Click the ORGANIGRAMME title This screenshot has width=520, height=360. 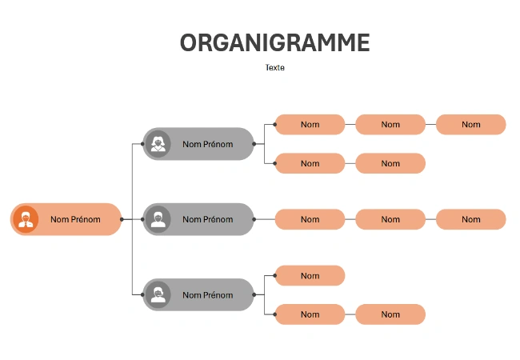coord(274,42)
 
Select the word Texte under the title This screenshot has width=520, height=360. coord(274,68)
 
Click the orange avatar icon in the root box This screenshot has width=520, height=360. coord(26,219)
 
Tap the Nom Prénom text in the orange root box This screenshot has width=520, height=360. coord(75,219)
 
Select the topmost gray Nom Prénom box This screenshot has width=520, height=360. coord(198,144)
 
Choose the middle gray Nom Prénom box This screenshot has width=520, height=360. coord(198,219)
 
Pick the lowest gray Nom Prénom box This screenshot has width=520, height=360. coord(198,294)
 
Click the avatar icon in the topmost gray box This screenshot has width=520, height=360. coord(158,144)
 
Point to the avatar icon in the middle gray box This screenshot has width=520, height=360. coord(158,219)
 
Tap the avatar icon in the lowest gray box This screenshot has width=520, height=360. coord(158,294)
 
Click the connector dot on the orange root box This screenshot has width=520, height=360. coord(122,219)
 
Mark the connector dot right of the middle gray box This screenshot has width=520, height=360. coord(254,219)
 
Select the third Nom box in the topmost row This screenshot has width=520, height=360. coord(470,125)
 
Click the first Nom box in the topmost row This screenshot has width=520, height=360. coord(310,125)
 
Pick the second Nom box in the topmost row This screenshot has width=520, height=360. coord(390,125)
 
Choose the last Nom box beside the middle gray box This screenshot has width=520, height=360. coord(470,219)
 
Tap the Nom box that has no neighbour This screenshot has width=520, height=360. coord(310,276)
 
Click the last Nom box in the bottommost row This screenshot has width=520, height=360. coord(390,314)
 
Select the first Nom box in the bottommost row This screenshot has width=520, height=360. coord(310,314)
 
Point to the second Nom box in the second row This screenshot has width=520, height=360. coord(390,163)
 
